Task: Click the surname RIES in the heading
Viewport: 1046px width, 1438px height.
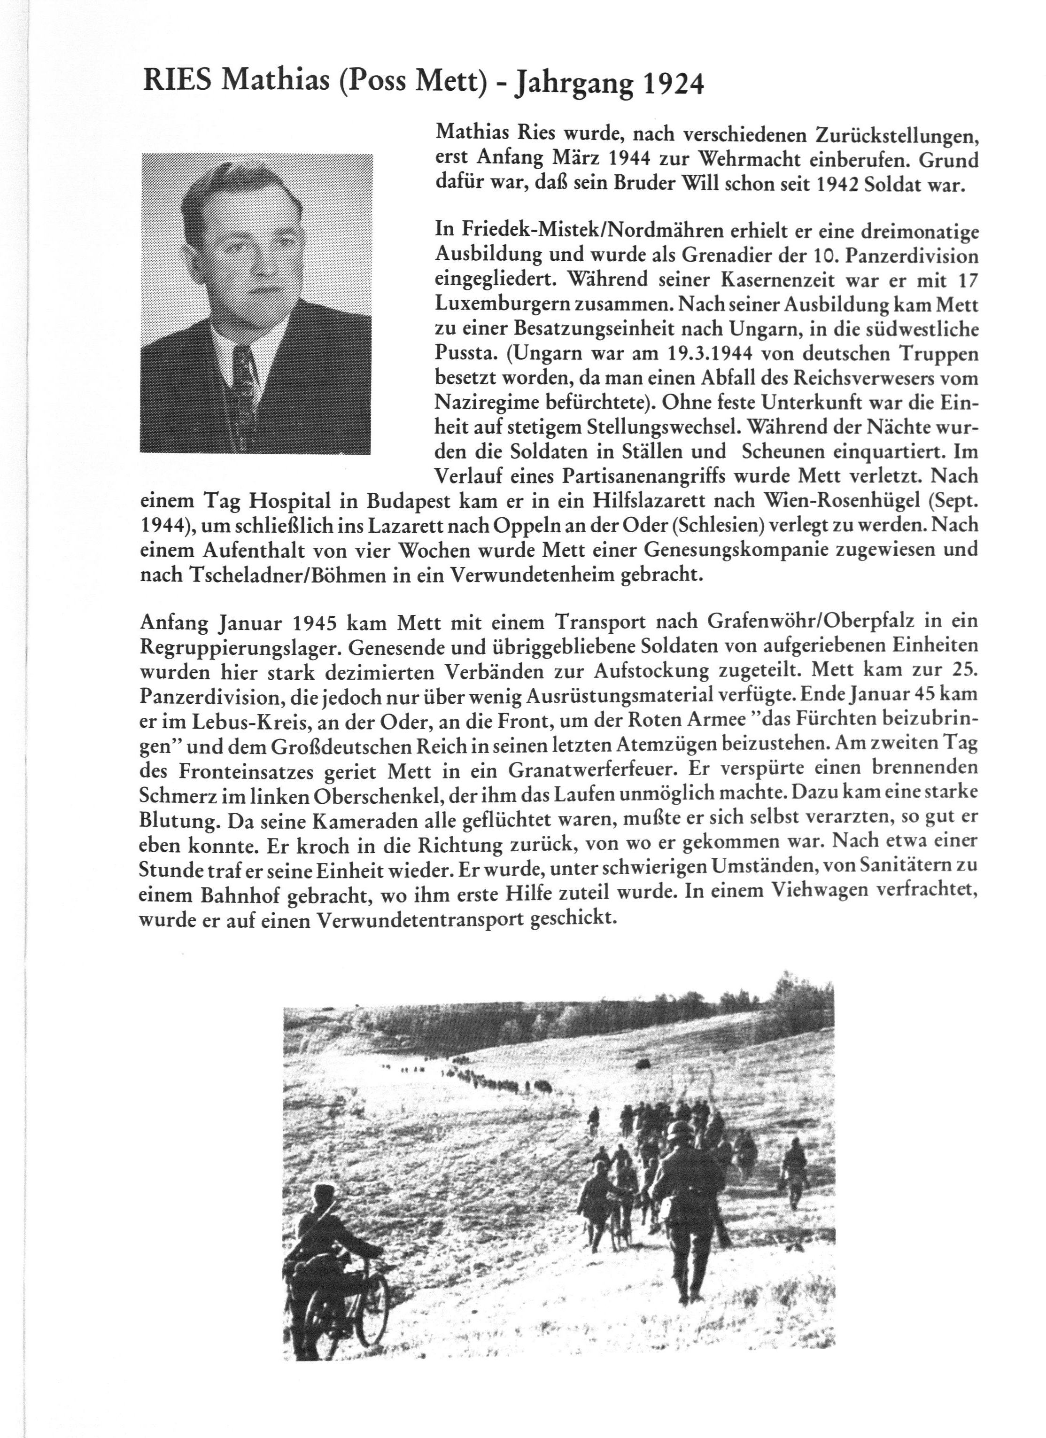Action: point(179,81)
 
